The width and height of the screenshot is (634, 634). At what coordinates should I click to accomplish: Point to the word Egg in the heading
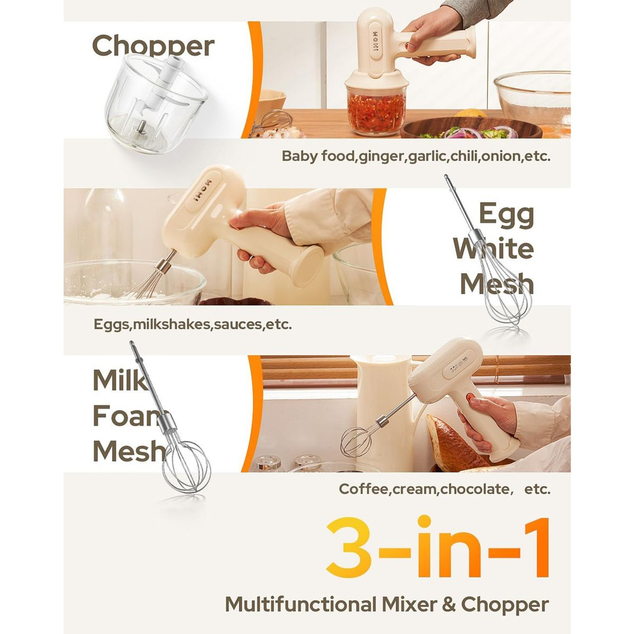coord(506,214)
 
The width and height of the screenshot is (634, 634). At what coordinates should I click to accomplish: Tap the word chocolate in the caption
coord(474,489)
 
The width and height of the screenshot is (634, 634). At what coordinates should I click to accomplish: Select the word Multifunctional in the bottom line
coord(301,605)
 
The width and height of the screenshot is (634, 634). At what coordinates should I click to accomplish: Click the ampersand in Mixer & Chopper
coord(450,605)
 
